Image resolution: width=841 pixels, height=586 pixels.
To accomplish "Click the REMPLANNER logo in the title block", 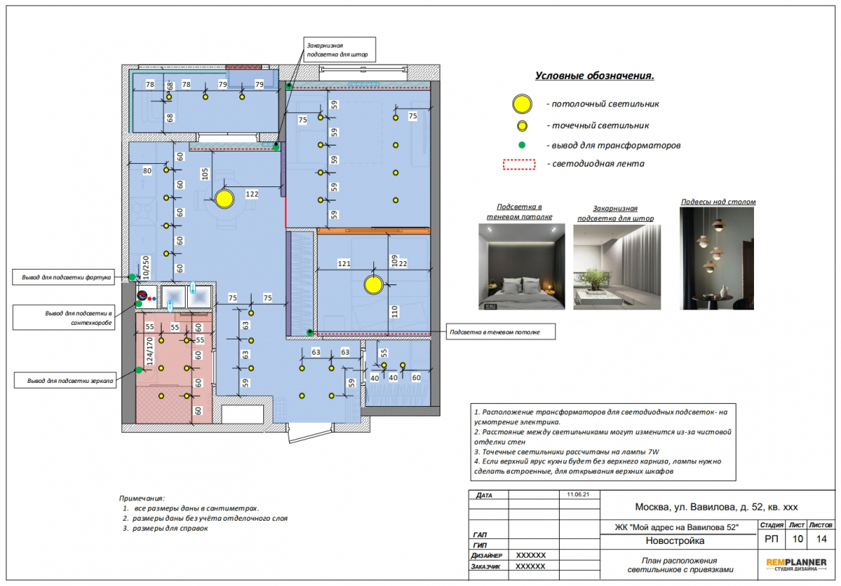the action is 796,564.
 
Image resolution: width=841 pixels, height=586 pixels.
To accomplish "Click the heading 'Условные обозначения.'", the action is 594,75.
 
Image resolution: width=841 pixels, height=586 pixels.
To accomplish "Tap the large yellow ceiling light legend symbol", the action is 522,104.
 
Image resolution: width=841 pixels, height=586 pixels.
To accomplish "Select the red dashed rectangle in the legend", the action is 519,164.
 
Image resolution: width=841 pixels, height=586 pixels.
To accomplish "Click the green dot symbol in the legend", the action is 521,145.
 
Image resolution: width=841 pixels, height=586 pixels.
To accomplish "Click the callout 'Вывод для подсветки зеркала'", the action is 65,381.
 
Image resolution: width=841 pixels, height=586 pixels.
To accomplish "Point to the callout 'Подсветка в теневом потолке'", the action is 501,332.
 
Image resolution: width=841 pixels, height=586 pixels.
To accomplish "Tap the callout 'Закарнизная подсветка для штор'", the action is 339,50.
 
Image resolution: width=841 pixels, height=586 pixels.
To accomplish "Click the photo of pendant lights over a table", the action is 716,258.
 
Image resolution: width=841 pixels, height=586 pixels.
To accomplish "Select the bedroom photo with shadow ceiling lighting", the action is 521,266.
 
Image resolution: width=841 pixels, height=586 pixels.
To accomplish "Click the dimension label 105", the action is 205,174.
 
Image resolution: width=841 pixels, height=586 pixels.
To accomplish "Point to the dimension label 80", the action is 147,170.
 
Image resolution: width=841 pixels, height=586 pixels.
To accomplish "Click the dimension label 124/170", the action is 149,351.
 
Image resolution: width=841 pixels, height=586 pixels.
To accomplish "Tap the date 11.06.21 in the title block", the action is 579,494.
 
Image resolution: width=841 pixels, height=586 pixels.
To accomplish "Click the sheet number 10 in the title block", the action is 797,539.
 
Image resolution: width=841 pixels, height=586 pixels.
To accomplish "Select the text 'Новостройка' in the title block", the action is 675,541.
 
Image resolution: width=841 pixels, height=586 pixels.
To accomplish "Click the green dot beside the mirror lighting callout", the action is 139,370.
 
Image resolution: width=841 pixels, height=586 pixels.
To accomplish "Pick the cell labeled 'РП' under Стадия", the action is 771,539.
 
